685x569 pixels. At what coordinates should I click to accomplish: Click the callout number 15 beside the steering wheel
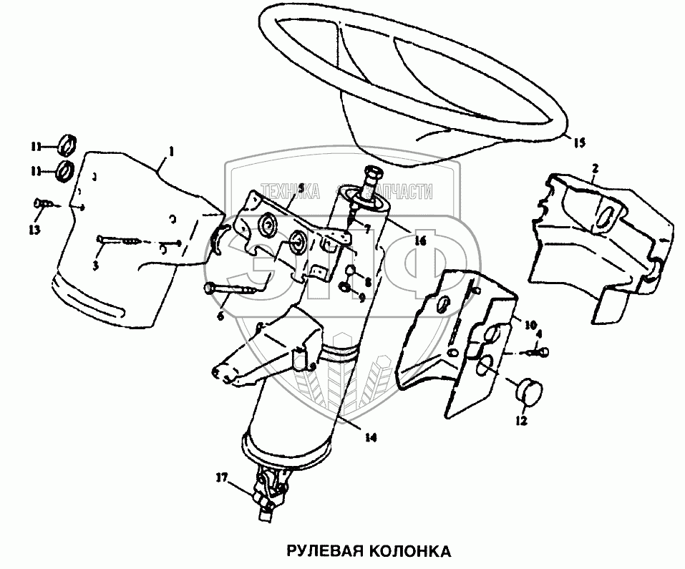tap(579, 142)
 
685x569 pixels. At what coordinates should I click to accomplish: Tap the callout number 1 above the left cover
tap(172, 152)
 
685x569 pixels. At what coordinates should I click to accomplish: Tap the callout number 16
tap(419, 241)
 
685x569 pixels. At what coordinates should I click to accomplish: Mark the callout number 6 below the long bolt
tap(220, 315)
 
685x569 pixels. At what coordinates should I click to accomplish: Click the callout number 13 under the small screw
tap(34, 229)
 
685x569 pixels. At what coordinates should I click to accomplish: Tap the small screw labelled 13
tap(41, 204)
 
